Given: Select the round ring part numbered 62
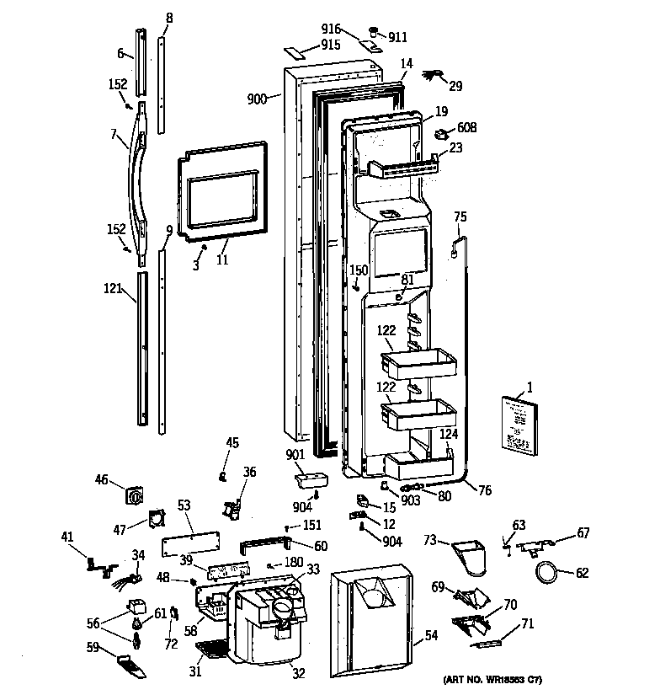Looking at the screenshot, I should pyautogui.click(x=548, y=575).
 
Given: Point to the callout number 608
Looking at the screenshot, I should pyautogui.click(x=466, y=128).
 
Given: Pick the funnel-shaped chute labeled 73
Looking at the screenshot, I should pyautogui.click(x=472, y=555).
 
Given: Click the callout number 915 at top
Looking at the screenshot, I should pyautogui.click(x=330, y=45).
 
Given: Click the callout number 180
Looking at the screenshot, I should pyautogui.click(x=293, y=562).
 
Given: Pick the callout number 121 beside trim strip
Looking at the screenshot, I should pyautogui.click(x=112, y=288).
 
